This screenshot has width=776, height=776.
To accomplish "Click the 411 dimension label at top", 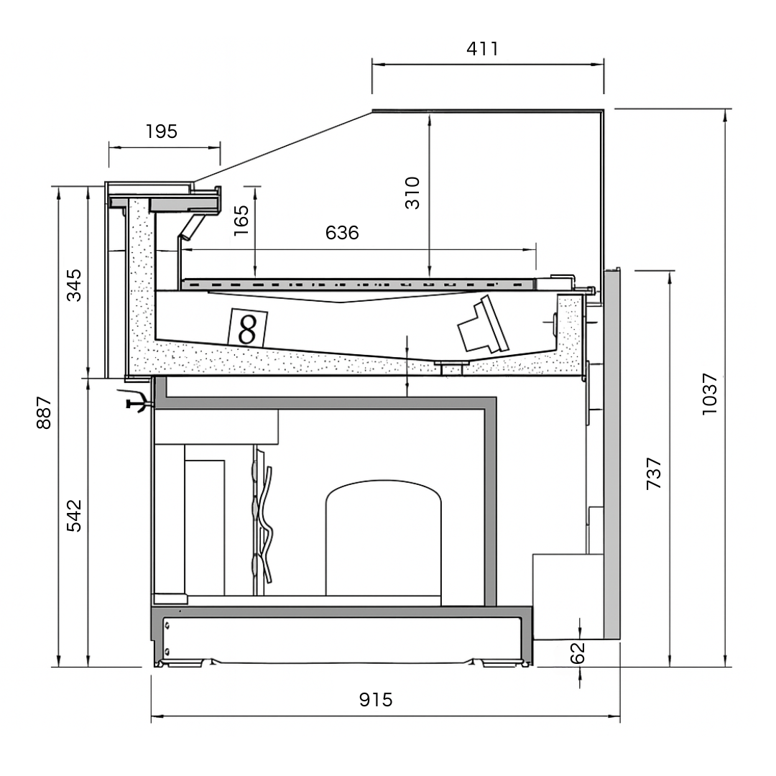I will point(482,49).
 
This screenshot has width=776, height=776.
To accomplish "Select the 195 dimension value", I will point(161,131).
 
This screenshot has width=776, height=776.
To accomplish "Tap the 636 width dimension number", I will point(342,234).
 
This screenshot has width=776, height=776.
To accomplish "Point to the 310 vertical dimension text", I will point(412,193).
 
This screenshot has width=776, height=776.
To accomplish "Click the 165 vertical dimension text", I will point(241,220).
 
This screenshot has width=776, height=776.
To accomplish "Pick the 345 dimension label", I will point(74,285).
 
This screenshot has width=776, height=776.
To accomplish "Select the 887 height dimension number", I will point(45,412).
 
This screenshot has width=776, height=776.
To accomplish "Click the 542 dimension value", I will point(74,515).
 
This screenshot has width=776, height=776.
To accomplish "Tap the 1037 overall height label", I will point(710,393).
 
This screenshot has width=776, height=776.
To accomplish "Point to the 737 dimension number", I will point(654,474).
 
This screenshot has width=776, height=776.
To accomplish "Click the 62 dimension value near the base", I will point(578,652).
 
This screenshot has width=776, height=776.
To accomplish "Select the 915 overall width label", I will point(376,700).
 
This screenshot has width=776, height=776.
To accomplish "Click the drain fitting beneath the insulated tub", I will point(451,368).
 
